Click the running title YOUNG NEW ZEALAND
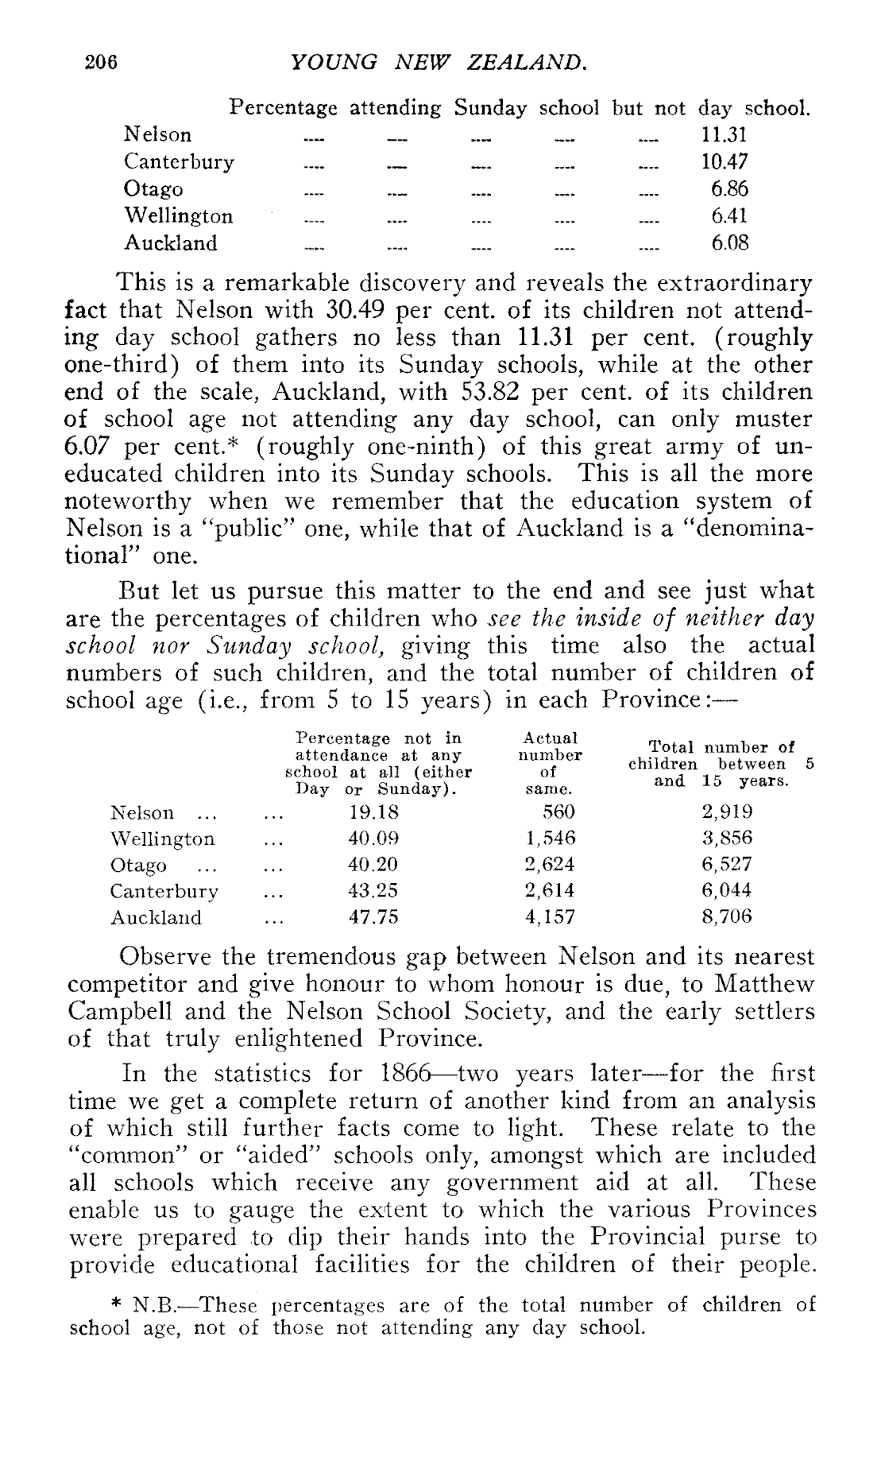click(439, 61)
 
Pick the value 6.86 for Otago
click(729, 189)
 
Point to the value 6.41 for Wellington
click(729, 216)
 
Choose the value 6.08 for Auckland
click(729, 243)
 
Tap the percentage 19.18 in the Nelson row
click(373, 812)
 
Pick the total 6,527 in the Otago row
click(726, 865)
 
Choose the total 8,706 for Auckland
click(726, 917)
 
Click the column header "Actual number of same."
click(550, 764)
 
